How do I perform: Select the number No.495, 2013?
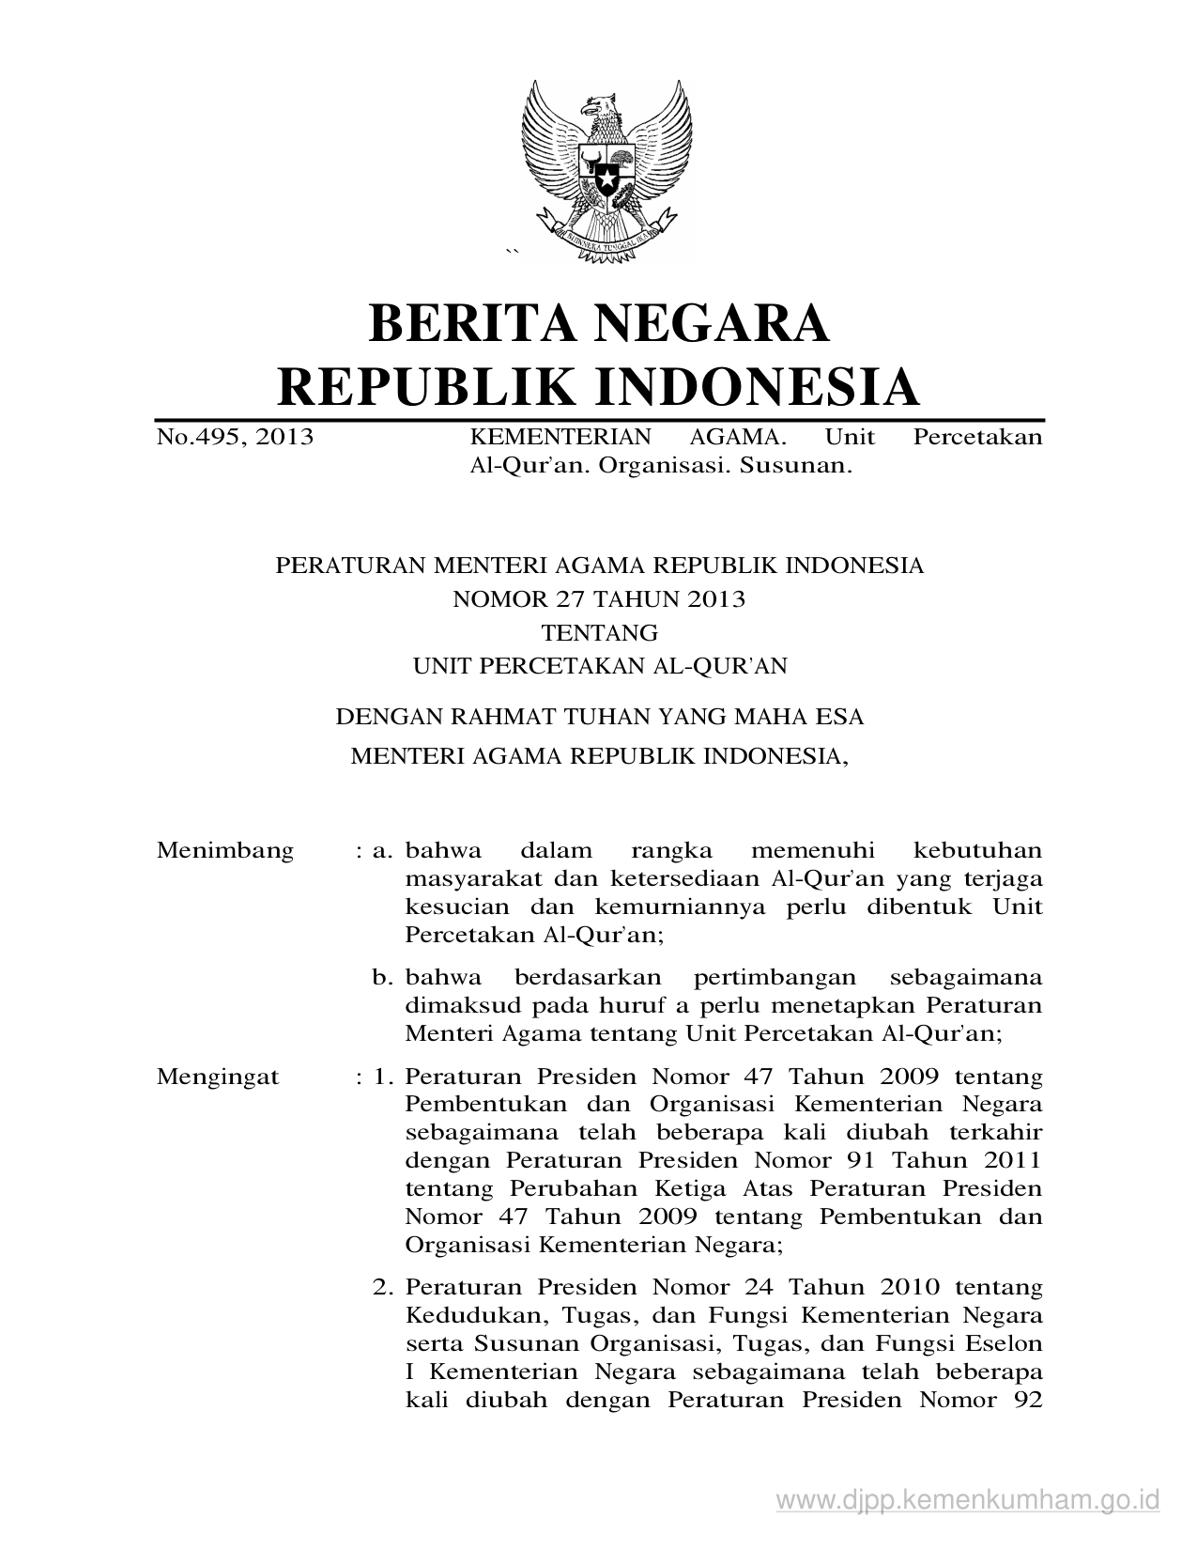click(235, 437)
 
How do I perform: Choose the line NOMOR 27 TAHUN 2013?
click(599, 598)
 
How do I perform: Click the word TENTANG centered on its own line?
click(599, 632)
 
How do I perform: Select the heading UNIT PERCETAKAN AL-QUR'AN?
click(599, 666)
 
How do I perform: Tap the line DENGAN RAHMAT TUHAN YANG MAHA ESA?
click(599, 717)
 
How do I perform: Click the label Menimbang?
click(225, 851)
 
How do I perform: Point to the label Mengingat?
click(218, 1077)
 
